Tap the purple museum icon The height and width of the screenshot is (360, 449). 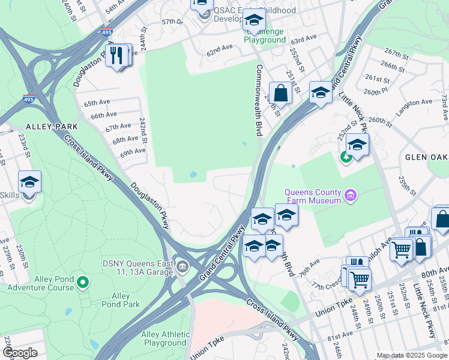point(351,195)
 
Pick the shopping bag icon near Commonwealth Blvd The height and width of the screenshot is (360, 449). point(280,94)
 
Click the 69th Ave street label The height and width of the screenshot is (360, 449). point(133,153)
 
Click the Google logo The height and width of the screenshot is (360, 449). point(20,353)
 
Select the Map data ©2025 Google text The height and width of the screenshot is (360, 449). point(411,355)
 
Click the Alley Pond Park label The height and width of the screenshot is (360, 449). point(125,300)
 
